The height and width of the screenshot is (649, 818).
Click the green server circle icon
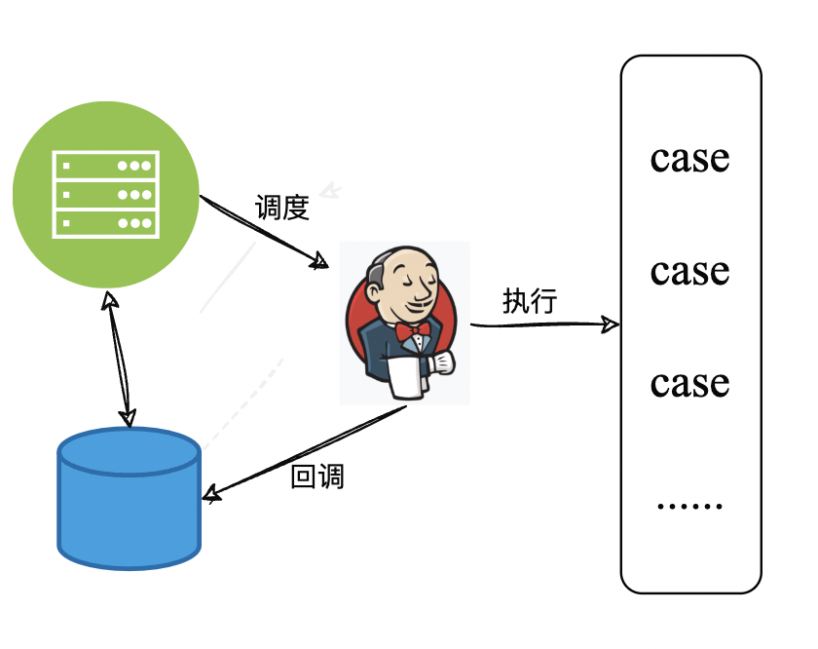105,195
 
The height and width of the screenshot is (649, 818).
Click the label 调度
281,208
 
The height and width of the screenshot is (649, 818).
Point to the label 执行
529,301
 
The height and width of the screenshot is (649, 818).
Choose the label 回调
317,477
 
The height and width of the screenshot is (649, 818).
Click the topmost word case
689,158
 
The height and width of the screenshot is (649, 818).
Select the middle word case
689,271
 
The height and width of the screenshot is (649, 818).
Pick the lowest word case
689,383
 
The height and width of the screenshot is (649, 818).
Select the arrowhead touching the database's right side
211,494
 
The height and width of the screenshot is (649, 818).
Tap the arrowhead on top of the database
127,417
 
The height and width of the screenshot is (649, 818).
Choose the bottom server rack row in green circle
105,223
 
